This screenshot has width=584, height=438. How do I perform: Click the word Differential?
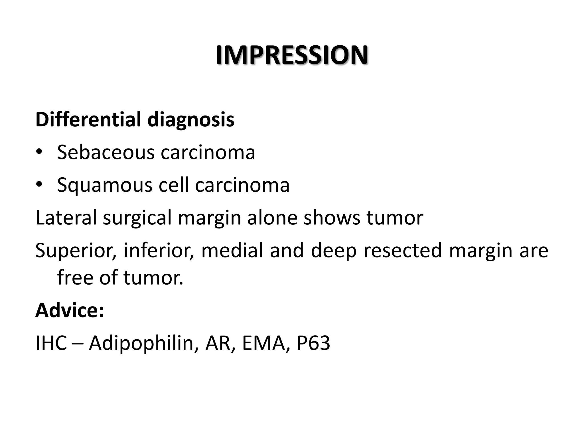click(88, 120)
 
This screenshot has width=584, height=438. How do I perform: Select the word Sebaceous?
click(106, 152)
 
